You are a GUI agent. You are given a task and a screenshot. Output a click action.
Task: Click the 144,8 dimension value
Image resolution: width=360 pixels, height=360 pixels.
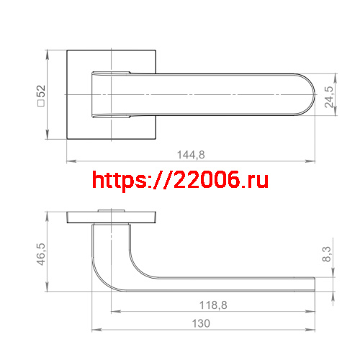click(x=191, y=154)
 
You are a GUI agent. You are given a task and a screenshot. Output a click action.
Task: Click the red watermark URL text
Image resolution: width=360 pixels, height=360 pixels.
click(x=181, y=179)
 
